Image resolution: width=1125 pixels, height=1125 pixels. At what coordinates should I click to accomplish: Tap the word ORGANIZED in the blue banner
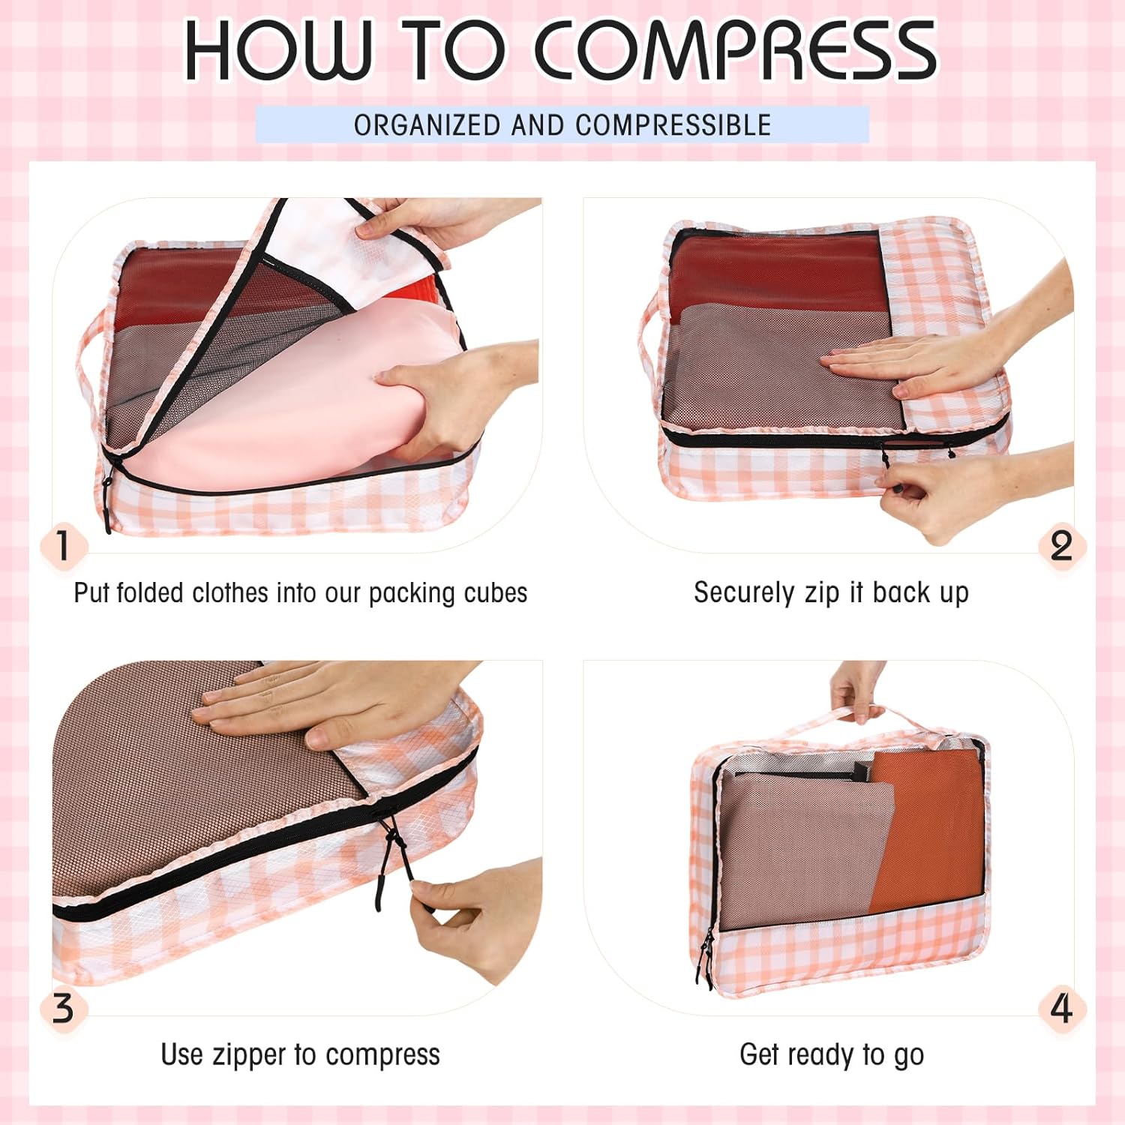(x=427, y=125)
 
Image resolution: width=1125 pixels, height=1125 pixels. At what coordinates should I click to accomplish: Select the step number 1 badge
(x=64, y=545)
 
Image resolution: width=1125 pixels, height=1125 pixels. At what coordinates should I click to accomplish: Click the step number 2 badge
(x=1061, y=545)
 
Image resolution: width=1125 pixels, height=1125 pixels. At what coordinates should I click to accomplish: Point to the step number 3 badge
(x=64, y=1008)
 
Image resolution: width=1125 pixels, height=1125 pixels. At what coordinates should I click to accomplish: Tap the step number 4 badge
(x=1061, y=1008)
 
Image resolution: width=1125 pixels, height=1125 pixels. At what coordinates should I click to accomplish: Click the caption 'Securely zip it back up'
(x=831, y=592)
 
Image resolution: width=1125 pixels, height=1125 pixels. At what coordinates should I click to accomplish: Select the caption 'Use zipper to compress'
(x=300, y=1054)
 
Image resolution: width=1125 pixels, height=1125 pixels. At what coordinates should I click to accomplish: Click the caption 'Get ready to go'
(x=832, y=1055)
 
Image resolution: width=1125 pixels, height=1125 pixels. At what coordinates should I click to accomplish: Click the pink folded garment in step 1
(x=300, y=405)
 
